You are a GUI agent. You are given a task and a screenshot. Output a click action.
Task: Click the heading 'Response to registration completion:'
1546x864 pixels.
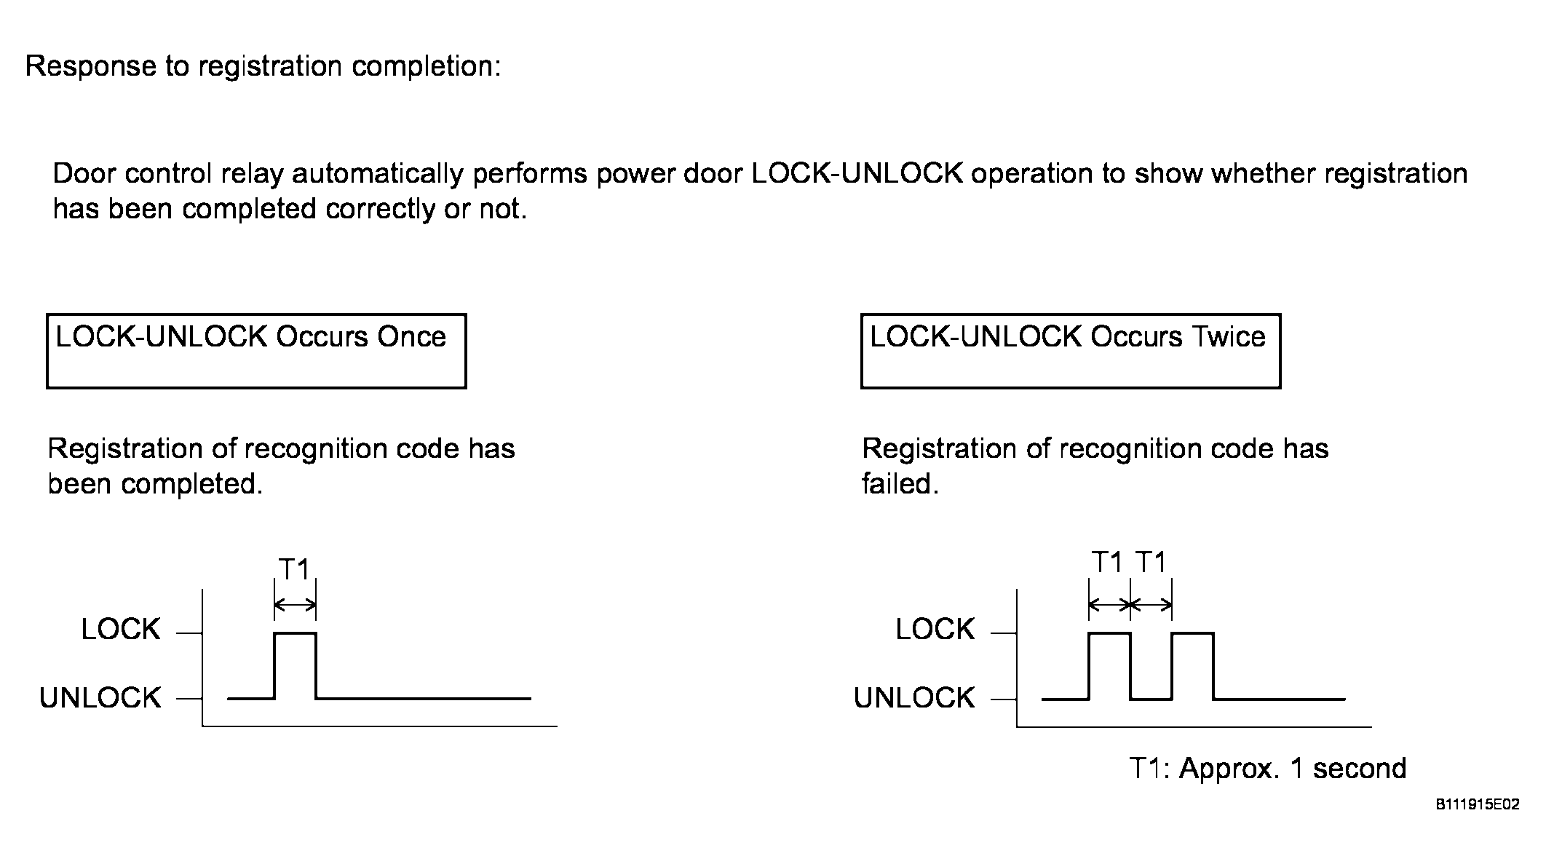263,66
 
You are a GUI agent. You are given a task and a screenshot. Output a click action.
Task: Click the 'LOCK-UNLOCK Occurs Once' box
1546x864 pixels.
256,315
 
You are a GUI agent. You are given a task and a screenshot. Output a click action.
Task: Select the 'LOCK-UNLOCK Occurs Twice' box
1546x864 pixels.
1071,315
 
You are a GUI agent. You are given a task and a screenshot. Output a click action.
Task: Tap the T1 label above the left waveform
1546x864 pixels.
295,569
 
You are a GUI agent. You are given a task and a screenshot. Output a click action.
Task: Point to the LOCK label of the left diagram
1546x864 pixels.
121,630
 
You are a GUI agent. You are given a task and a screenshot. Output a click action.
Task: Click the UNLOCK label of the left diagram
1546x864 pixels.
100,698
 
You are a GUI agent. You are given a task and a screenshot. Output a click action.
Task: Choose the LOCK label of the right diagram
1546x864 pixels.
935,630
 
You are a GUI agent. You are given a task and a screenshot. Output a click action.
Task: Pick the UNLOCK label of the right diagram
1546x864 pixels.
915,698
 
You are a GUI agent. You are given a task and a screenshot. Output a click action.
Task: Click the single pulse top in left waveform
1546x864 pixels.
296,633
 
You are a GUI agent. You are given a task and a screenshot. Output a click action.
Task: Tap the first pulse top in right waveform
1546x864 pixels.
1110,633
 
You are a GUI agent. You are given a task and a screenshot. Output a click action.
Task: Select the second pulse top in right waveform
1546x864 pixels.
1193,633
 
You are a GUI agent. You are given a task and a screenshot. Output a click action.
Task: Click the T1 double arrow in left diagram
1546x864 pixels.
296,605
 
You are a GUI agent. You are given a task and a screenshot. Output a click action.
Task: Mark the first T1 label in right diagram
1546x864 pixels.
1108,563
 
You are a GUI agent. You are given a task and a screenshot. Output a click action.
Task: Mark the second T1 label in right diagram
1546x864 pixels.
1151,563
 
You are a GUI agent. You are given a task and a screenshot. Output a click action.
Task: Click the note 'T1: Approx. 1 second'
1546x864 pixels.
1268,769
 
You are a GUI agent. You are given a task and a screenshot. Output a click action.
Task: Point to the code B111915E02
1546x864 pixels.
1478,804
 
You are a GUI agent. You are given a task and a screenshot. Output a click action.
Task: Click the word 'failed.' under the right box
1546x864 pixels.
900,483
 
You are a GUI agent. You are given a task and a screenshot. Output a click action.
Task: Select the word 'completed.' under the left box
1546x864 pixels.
192,485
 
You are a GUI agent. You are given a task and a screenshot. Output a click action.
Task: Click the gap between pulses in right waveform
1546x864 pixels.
1151,699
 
